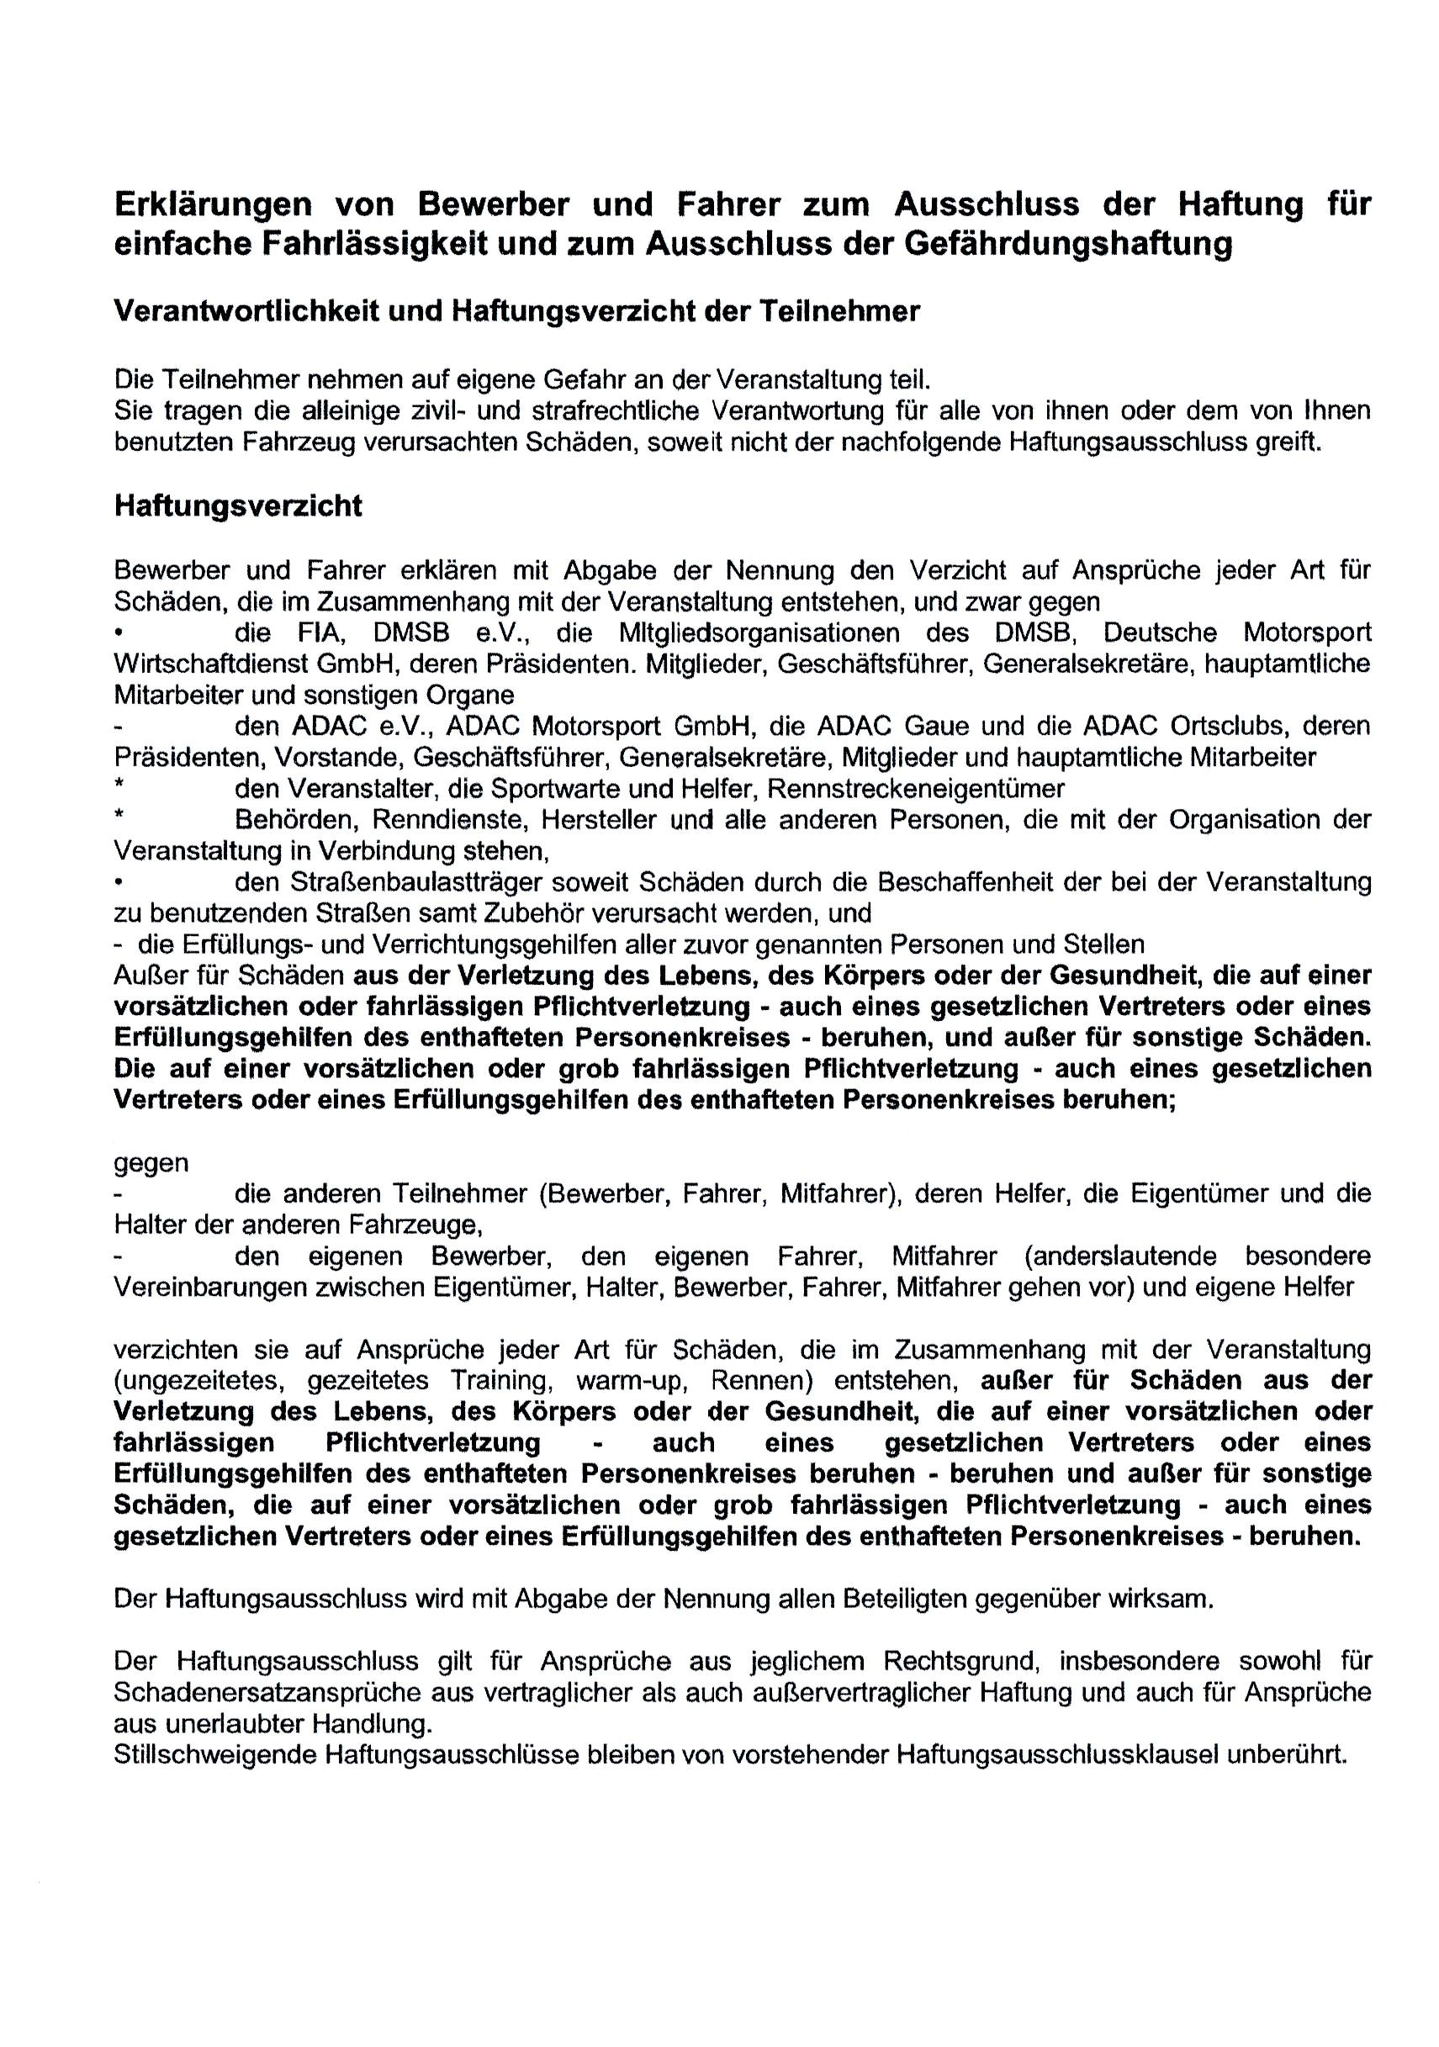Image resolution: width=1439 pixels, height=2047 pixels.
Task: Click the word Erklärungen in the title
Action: tap(213, 205)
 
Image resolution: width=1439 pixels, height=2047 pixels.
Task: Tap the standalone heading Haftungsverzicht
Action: tap(238, 505)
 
